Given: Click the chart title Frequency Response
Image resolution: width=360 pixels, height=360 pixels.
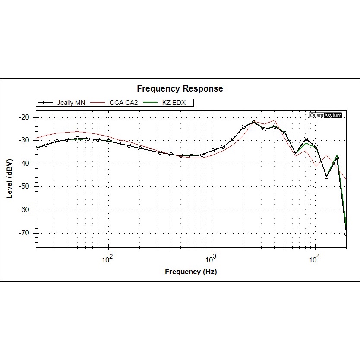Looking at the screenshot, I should (180, 88).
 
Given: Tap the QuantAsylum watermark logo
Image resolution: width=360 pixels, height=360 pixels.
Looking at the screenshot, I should (326, 115).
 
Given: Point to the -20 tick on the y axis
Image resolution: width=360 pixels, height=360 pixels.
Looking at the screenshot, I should (24, 117).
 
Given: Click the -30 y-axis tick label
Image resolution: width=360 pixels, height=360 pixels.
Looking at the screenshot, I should (24, 140).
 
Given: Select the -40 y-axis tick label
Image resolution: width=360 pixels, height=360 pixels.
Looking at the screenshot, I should (24, 164).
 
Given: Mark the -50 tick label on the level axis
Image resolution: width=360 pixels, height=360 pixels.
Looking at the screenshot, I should (24, 186).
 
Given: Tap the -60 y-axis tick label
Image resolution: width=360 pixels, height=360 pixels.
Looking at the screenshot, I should (24, 210).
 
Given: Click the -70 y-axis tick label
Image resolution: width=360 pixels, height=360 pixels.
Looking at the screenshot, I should (24, 233).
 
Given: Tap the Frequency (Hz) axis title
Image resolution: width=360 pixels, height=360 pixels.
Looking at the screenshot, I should (191, 272).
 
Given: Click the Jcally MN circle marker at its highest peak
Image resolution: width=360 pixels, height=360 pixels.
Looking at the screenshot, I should (254, 123).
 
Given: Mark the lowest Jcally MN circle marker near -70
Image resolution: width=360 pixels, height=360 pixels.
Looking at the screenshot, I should (346, 234).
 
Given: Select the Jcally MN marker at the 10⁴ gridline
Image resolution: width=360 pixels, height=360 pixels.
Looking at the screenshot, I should (316, 147).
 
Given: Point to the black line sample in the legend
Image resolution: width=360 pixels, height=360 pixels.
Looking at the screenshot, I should (45, 103).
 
